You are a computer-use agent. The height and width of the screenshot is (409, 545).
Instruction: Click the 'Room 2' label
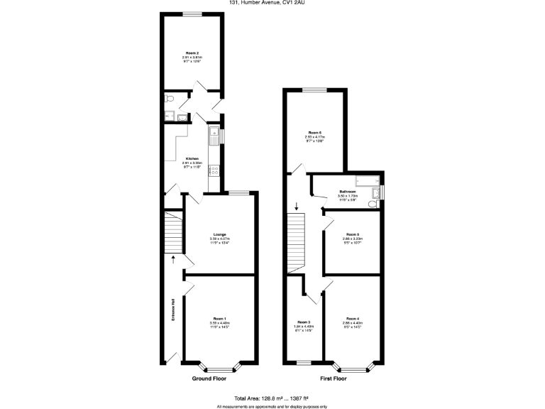point(192,53)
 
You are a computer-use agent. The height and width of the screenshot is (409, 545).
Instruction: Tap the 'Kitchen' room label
point(192,158)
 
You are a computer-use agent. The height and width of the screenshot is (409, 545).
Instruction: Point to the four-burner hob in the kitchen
point(213,170)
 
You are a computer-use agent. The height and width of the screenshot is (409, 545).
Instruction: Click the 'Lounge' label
point(219,235)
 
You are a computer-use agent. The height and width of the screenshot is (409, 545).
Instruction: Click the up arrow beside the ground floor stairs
point(172,258)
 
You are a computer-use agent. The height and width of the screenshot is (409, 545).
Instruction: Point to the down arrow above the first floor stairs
point(296,207)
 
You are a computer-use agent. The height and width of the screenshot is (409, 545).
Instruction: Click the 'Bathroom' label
point(347,192)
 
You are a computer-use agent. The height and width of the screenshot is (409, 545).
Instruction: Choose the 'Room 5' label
point(353,234)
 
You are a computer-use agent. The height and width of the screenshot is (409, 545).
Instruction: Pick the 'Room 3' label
point(304,322)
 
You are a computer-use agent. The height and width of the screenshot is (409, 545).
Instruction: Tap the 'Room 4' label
point(353,319)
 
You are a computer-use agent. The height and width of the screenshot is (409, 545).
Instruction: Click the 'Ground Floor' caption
point(210,378)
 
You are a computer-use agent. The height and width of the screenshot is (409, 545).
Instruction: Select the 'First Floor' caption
point(333,378)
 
